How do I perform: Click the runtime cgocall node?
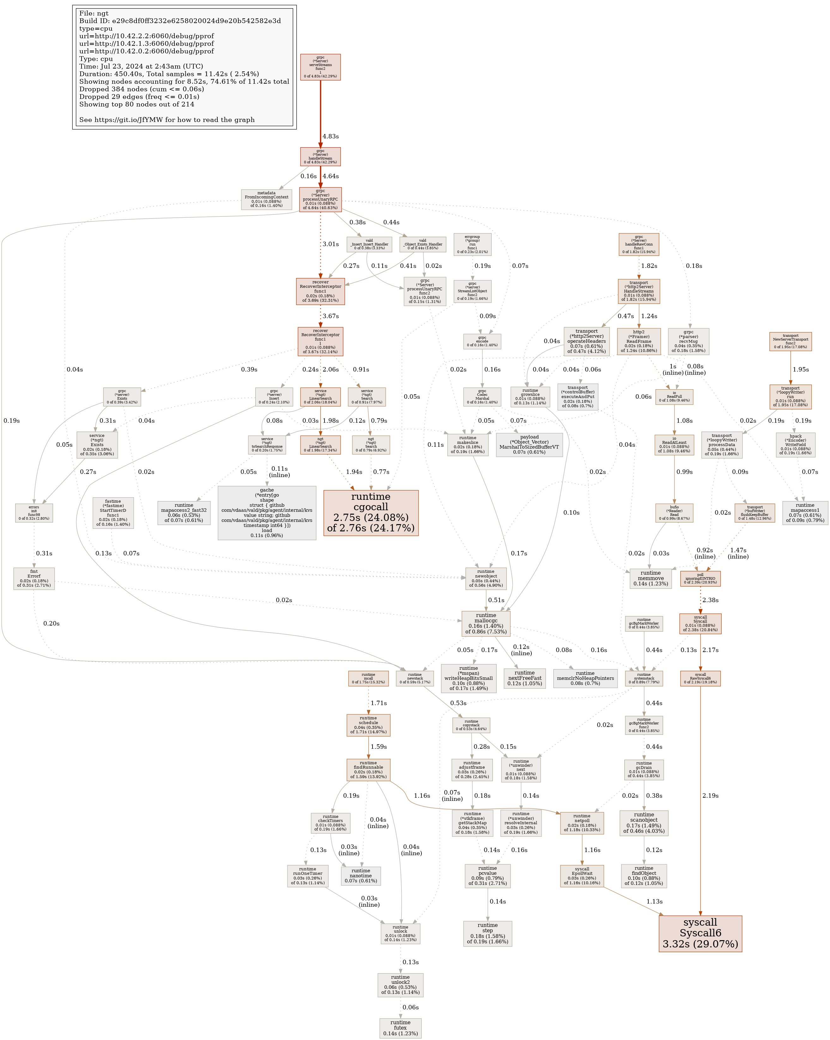tap(371, 512)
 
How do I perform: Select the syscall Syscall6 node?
tap(700, 934)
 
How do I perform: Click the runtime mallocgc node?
tap(486, 623)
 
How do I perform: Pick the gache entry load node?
tap(267, 512)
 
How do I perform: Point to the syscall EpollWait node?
tap(582, 875)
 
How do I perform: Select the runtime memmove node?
tap(651, 578)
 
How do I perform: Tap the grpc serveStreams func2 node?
tap(320, 67)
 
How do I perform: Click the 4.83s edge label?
tap(330, 136)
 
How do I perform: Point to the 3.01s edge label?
tap(330, 244)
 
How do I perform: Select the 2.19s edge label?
tap(710, 795)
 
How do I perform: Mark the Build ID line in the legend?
tap(180, 21)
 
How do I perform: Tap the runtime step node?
tap(488, 934)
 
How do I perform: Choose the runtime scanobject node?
tap(644, 823)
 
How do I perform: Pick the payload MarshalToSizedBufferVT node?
tap(529, 444)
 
